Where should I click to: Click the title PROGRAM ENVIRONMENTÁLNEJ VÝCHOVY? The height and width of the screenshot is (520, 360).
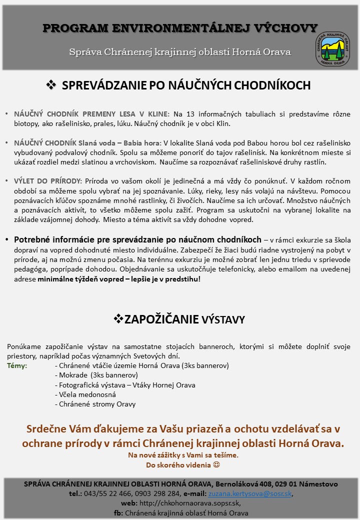point(180,28)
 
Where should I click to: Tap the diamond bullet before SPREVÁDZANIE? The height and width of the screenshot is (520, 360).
point(50,85)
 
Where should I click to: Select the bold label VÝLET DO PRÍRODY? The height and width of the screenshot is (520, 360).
point(48,181)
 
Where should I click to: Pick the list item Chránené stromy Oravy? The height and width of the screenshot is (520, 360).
point(97,404)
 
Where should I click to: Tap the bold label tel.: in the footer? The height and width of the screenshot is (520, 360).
point(76,493)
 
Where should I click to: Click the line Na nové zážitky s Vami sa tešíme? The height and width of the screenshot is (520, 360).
point(183,455)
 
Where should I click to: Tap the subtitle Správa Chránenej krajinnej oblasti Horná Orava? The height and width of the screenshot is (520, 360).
point(180,52)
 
